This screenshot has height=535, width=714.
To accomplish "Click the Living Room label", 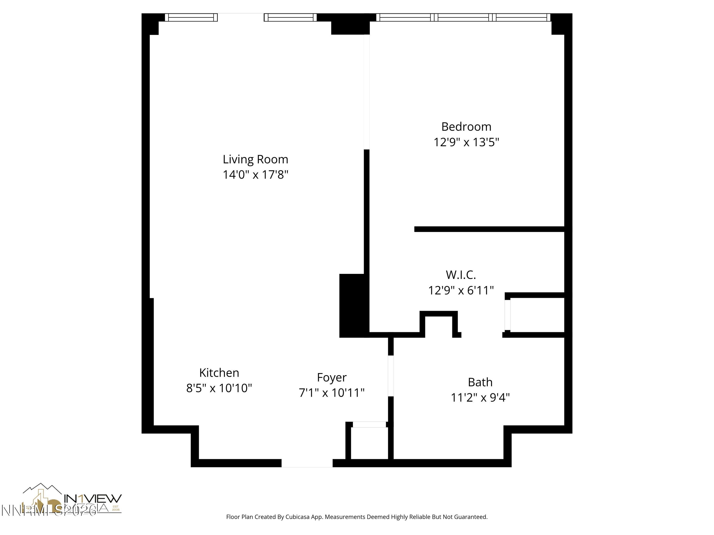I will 255,159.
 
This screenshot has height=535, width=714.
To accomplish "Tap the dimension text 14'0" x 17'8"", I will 255,175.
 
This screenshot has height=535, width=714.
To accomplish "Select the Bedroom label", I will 466,127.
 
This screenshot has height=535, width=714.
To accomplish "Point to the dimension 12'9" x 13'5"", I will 466,142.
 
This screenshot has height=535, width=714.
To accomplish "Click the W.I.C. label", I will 461,275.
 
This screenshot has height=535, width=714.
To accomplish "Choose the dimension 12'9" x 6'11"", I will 461,291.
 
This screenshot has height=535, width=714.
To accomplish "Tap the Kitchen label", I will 219,373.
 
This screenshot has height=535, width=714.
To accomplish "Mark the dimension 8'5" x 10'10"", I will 219,388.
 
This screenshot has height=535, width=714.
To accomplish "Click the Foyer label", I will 332,377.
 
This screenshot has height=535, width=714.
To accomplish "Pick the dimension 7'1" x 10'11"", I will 332,393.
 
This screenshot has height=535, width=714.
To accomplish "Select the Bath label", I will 480,382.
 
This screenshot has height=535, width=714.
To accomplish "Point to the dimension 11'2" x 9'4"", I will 480,398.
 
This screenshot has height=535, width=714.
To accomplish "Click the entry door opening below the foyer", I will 307,463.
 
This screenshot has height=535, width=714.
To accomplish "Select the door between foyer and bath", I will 391,376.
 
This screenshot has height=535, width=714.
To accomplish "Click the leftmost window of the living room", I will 191,17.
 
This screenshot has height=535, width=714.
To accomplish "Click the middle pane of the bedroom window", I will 463,17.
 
